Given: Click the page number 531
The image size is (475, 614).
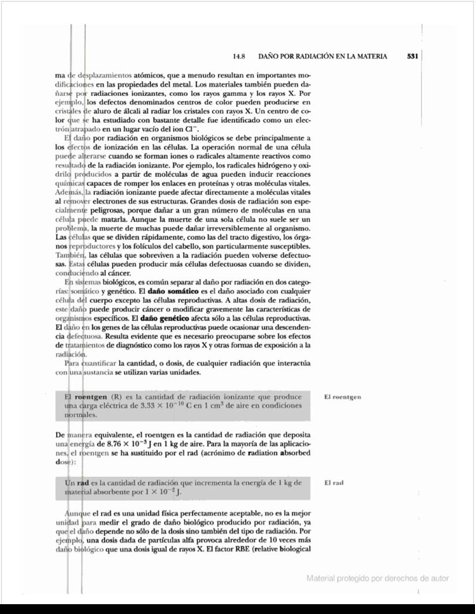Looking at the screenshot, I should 412,57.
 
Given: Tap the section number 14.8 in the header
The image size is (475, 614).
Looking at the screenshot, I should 239,57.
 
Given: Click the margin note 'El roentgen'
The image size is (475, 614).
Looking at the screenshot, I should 343,397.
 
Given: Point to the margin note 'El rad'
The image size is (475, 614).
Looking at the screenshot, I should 334,482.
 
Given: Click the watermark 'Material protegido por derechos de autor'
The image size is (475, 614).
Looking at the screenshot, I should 377,578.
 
